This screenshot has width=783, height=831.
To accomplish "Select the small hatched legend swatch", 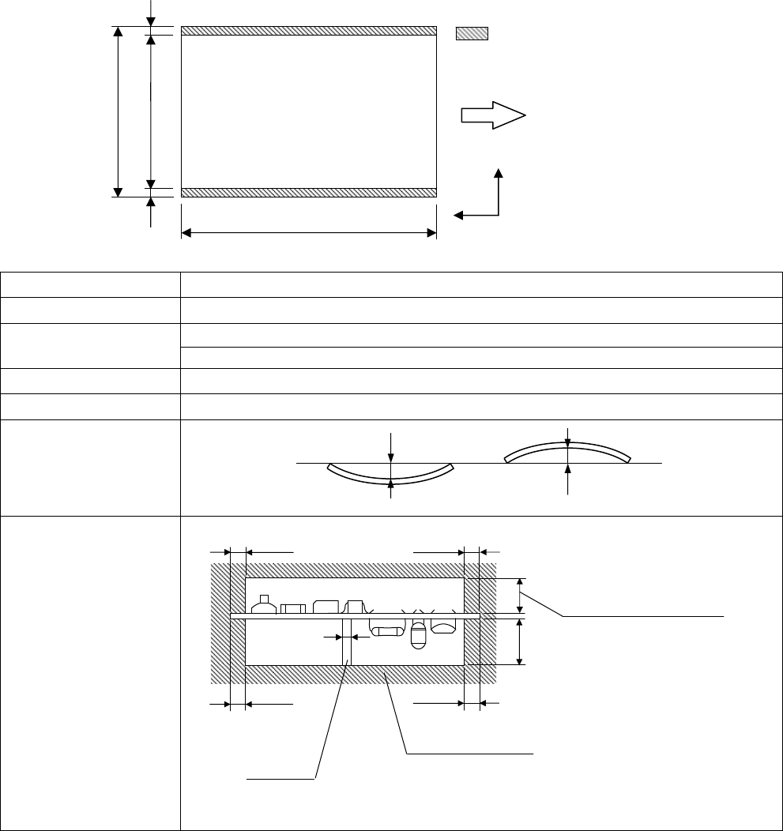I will [472, 34].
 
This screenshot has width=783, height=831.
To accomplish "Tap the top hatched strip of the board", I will [309, 31].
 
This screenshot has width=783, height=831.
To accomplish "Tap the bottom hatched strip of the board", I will [309, 193].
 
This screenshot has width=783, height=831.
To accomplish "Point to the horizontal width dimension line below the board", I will [309, 233].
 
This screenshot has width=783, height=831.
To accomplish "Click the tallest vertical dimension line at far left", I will [119, 111].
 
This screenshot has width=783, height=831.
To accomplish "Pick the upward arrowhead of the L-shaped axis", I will [499, 174].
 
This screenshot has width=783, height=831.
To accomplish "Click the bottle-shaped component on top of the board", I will [264, 604].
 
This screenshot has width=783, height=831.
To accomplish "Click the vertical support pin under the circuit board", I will [346, 641].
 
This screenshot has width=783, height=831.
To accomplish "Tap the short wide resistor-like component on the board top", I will [293, 608].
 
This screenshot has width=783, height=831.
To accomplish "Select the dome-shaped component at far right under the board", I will [443, 627].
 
